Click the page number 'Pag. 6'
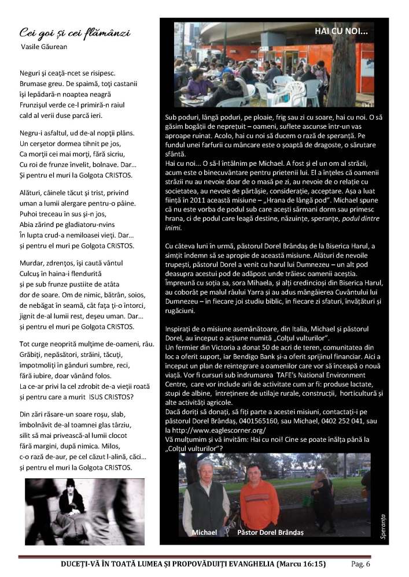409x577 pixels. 360,564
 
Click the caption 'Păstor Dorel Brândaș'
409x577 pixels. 270,532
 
